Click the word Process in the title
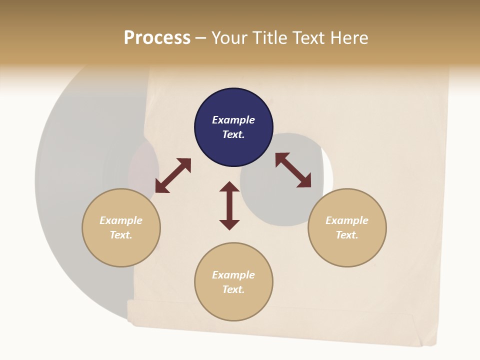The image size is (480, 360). click(157, 38)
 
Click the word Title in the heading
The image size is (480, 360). click(269, 38)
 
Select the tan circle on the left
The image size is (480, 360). click(121, 250)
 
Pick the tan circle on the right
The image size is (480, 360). click(347, 250)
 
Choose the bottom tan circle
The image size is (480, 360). click(233, 305)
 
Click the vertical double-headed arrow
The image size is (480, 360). click(229, 205)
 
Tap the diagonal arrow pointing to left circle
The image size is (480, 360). click(173, 175)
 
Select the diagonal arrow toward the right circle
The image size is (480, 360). click(293, 170)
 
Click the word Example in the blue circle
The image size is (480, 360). click(233, 120)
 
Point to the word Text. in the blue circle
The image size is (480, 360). click(233, 134)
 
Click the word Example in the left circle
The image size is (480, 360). click(121, 220)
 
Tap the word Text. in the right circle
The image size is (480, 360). click(347, 235)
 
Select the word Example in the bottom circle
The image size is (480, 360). click(233, 275)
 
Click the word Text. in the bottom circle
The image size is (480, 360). click(233, 289)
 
